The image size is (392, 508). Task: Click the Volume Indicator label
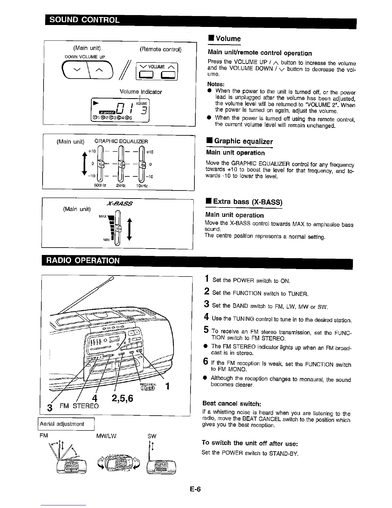click(141, 92)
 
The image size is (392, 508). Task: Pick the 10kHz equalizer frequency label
click(142, 186)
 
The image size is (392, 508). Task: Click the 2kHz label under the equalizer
click(120, 186)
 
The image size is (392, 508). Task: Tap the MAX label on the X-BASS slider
click(103, 216)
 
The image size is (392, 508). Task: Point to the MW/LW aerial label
click(106, 436)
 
